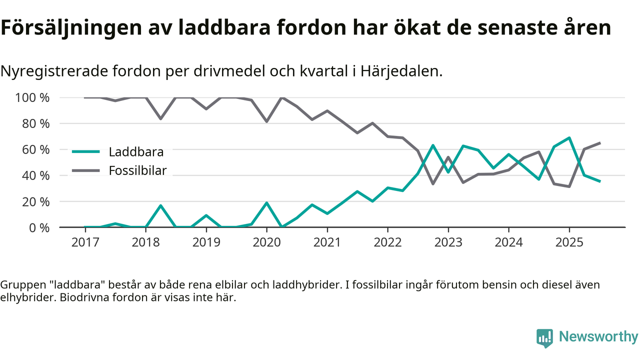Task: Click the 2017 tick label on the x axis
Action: point(85,243)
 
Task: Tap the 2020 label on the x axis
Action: point(266,243)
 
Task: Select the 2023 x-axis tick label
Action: point(448,243)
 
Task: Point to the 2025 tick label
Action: point(569,243)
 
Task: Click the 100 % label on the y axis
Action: point(33,97)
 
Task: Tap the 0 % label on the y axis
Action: point(39,227)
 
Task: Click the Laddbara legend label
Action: point(136,151)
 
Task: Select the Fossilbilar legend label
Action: point(137,170)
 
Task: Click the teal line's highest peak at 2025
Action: point(569,137)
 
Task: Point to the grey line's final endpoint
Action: point(599,143)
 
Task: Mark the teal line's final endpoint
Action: point(599,181)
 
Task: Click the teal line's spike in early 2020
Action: point(266,203)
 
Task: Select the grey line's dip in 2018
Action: point(160,118)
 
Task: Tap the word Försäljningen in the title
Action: point(69,28)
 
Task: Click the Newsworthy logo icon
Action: point(544,337)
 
